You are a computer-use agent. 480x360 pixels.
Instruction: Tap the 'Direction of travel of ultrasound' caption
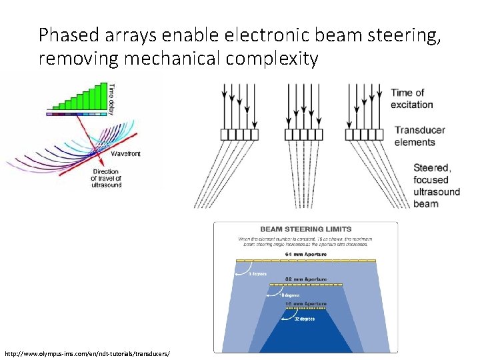[x=107, y=178]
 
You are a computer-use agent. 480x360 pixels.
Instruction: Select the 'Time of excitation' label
[x=412, y=99]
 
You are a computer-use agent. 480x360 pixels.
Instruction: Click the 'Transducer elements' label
[x=415, y=136]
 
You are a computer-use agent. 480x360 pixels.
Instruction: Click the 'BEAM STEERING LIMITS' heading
[x=305, y=229]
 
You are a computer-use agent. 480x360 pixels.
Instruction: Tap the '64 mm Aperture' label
[x=306, y=254]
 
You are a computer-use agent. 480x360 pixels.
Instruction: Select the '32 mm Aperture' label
[x=306, y=279]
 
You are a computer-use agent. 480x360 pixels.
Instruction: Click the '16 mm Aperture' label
[x=306, y=303]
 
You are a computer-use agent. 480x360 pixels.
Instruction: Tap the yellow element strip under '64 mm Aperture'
[x=306, y=261]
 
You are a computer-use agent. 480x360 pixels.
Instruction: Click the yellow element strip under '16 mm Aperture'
[x=306, y=309]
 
